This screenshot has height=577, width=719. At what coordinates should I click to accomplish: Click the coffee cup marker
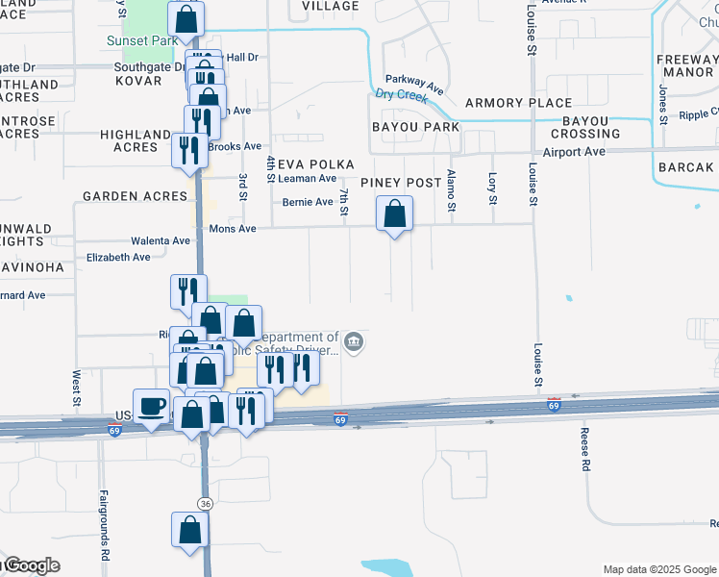pos(151,406)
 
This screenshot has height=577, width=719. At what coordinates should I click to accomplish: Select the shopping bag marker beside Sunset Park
pos(186,18)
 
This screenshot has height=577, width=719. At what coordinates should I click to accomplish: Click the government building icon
pos(354,342)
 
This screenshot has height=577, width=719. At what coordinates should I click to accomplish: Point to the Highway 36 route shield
pos(205,504)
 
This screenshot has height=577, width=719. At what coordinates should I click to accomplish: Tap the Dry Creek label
pos(400,94)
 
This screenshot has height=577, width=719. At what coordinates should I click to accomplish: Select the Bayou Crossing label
pos(585,127)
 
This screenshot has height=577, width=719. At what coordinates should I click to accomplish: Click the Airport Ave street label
pos(574,152)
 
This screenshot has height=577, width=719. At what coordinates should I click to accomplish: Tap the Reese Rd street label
pos(583,450)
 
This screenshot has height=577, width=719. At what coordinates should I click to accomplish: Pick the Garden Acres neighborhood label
pos(135,196)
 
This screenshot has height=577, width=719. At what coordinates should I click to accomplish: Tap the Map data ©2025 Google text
pos(658,569)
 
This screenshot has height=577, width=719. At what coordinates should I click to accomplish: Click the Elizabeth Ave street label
pos(118,258)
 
